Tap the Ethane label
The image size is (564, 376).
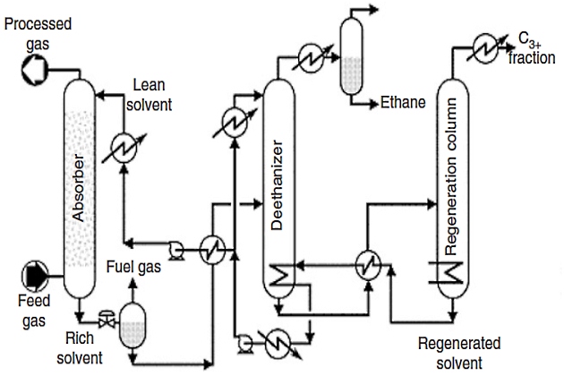tap(402, 103)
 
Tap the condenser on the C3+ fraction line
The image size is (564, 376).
tap(487, 45)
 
